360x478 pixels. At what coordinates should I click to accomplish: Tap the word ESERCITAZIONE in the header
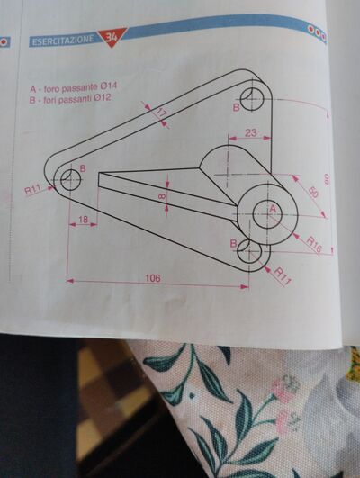point(63,40)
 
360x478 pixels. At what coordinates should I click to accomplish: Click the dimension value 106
point(153,278)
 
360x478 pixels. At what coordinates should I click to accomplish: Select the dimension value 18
point(83,220)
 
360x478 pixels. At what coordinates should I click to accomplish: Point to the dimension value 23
point(251,132)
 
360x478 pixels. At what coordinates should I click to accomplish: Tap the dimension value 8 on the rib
point(162,196)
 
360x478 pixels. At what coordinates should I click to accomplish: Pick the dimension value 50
point(313,193)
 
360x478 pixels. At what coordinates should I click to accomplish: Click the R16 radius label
point(314,245)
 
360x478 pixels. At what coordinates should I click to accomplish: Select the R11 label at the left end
point(32,190)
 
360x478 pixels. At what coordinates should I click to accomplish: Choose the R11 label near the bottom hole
point(283,276)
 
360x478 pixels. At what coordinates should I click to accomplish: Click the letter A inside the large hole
point(273,209)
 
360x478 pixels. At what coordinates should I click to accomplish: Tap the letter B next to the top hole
point(236,108)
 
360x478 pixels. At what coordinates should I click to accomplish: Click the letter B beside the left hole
point(83,168)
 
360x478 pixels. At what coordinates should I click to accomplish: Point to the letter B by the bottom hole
point(233,243)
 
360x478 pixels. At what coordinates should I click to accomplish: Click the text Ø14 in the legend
point(109,86)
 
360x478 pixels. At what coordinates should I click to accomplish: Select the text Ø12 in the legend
point(103,98)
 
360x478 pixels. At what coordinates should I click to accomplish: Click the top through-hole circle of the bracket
point(252,98)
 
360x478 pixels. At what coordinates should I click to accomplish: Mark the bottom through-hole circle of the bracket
point(249,251)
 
